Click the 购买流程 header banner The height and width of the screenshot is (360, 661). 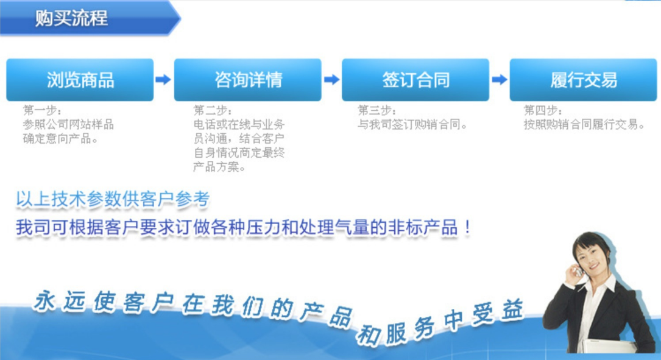click(x=90, y=18)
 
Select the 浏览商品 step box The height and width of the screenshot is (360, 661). click(x=80, y=80)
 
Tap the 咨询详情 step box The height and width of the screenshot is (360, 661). click(x=248, y=80)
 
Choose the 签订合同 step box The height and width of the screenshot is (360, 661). click(x=415, y=80)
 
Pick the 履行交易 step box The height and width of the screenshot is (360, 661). click(x=584, y=80)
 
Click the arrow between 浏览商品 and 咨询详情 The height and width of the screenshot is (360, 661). click(x=163, y=79)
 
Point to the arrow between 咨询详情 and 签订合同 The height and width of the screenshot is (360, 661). click(x=332, y=79)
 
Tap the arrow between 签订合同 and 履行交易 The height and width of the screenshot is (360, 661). click(x=500, y=79)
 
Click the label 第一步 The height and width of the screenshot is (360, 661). click(x=42, y=110)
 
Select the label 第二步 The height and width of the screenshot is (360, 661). click(x=213, y=110)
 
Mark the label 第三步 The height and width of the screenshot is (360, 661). click(x=377, y=110)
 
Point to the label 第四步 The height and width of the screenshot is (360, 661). click(x=543, y=110)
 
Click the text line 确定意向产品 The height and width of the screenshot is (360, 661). click(x=60, y=138)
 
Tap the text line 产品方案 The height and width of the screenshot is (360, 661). click(x=219, y=167)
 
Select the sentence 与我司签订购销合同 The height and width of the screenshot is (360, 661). click(x=412, y=124)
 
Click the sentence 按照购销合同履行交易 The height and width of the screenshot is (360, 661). click(x=584, y=124)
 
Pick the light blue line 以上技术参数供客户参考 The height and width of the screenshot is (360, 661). click(x=113, y=199)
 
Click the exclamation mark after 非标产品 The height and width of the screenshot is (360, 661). click(x=467, y=228)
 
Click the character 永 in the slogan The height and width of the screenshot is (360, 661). click(x=44, y=301)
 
